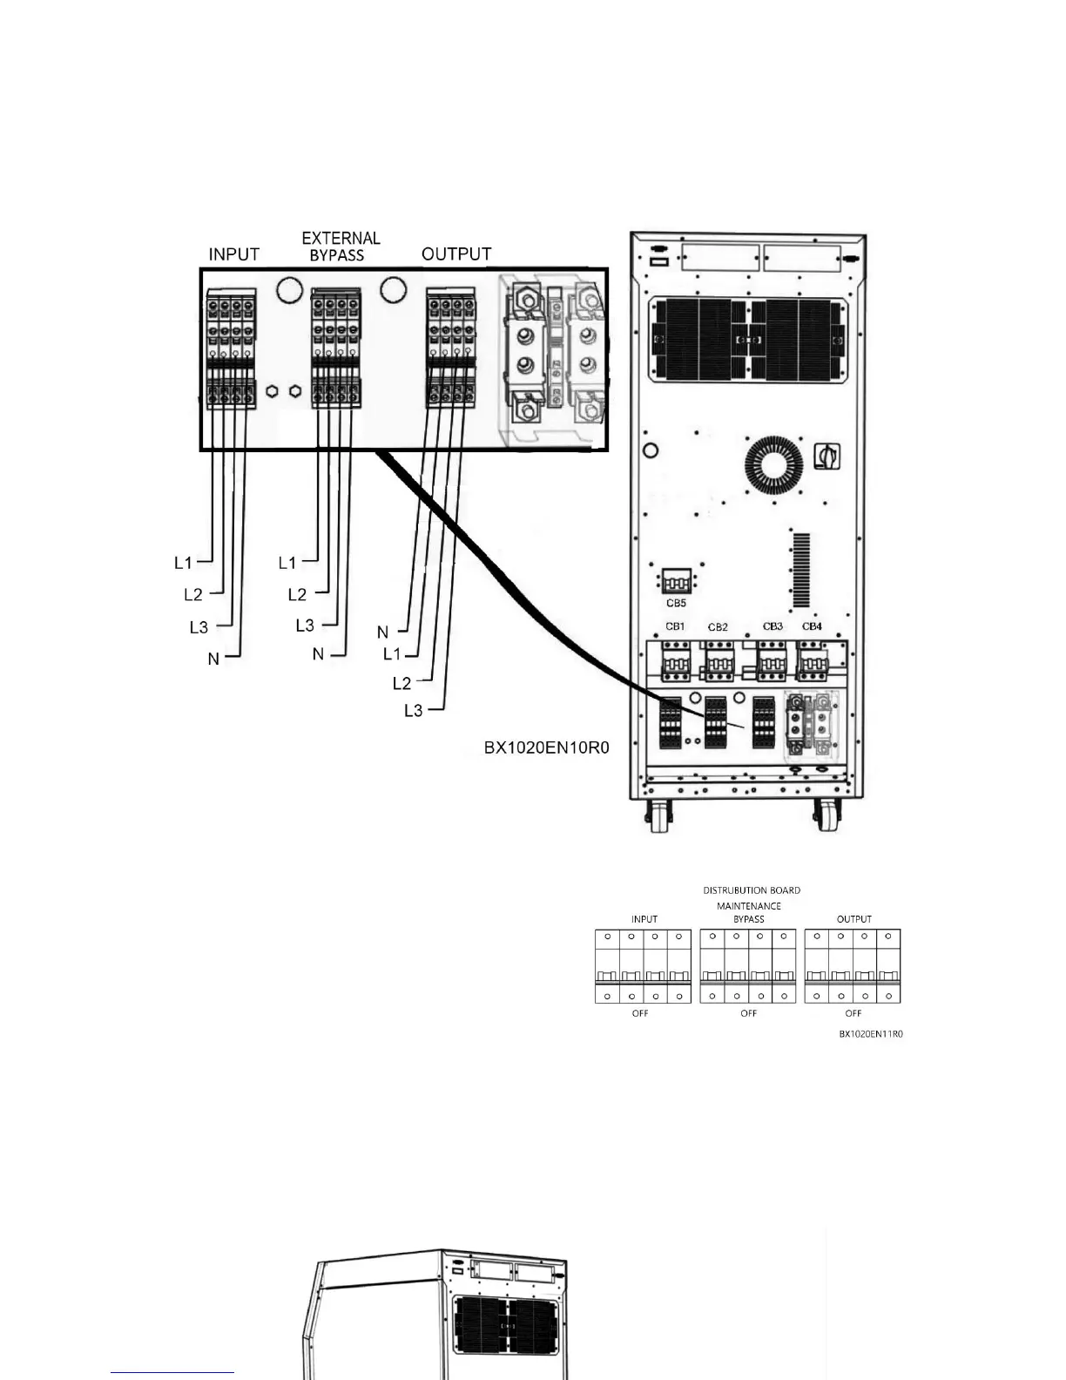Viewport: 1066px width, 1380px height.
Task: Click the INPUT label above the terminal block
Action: coord(233,254)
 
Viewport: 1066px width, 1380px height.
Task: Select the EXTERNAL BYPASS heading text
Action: coord(341,247)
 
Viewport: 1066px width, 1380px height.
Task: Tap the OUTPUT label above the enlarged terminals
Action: coord(456,254)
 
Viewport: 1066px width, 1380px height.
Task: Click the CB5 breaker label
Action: coord(676,603)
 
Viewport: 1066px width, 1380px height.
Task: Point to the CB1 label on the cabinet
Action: coord(675,626)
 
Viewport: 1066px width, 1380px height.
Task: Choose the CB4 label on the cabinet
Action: coord(812,626)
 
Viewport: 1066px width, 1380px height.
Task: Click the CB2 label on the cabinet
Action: coord(718,627)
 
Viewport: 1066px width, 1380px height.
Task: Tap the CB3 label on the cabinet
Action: coord(773,626)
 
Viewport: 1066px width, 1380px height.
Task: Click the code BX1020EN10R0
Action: coord(547,747)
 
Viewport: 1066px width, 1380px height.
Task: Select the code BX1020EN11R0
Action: coord(871,1034)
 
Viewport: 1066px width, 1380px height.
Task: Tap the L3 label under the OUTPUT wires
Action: coord(413,711)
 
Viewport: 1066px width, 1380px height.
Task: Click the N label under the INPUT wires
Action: coord(213,660)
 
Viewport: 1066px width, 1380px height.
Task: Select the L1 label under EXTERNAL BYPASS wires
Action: coord(287,563)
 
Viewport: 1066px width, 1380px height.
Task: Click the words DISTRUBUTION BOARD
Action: coord(752,890)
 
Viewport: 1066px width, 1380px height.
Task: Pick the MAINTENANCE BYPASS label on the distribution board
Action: coord(749,912)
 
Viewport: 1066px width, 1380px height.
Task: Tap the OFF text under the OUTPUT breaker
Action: coord(853,1013)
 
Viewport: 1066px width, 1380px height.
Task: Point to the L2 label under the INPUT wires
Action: coord(192,594)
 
